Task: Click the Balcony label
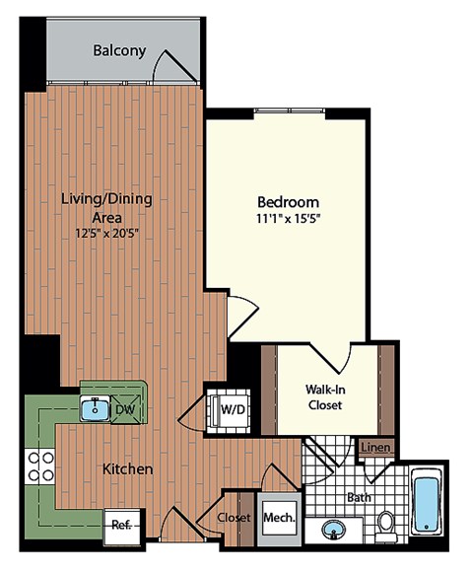[x=119, y=50]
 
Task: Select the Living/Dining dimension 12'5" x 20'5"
[x=105, y=235]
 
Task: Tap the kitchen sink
[x=95, y=407]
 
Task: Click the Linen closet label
[x=374, y=449]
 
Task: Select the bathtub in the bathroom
[x=426, y=503]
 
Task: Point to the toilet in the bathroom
[x=386, y=522]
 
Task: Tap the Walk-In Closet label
[x=323, y=396]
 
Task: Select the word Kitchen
[x=127, y=469]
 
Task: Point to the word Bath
[x=359, y=497]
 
